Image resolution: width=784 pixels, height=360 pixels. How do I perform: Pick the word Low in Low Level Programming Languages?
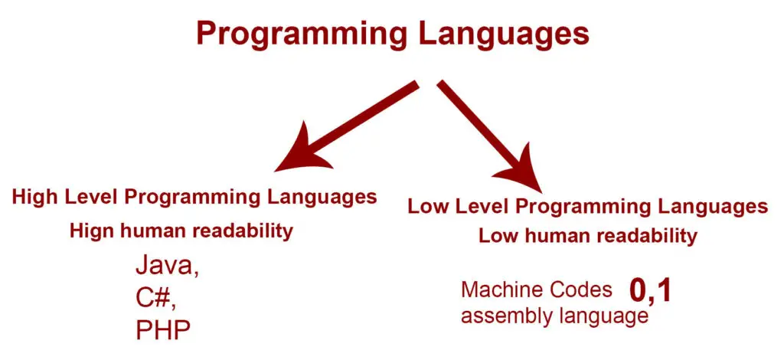(426, 207)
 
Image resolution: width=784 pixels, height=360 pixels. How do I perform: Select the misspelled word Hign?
(88, 231)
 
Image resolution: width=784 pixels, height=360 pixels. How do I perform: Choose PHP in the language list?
(163, 330)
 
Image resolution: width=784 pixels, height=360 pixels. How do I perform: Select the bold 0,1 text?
(649, 291)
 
